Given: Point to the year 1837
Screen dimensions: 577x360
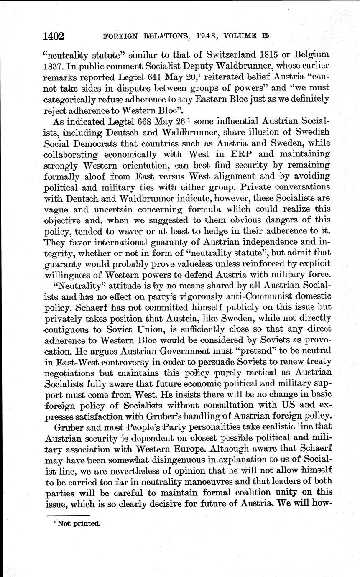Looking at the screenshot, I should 54,66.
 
